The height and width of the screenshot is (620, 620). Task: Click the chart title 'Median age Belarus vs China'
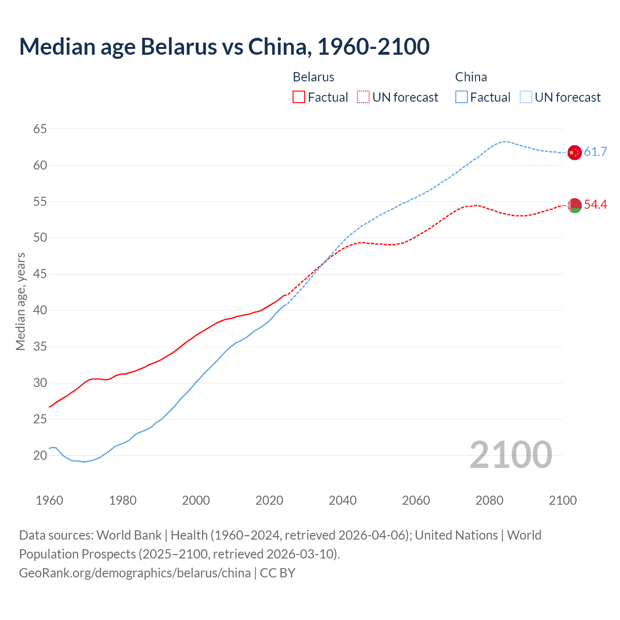click(x=224, y=47)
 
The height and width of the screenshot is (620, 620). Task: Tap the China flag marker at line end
click(x=574, y=152)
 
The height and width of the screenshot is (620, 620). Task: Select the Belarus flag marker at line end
click(x=574, y=205)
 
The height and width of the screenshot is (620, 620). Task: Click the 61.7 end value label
click(x=595, y=152)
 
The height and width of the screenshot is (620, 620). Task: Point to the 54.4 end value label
click(x=595, y=205)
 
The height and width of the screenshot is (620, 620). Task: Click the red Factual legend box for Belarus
click(x=299, y=97)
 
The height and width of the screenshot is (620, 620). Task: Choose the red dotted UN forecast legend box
click(x=363, y=97)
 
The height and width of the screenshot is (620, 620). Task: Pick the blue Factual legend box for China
click(x=462, y=97)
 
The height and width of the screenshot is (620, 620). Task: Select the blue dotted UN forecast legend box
click(x=526, y=97)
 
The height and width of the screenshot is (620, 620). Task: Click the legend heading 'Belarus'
click(x=313, y=77)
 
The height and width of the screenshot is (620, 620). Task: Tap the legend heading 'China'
click(x=471, y=77)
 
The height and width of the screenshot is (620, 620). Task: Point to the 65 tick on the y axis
click(x=40, y=129)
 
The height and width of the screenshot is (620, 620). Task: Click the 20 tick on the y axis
click(x=40, y=455)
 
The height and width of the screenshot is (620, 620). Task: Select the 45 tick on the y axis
click(x=40, y=274)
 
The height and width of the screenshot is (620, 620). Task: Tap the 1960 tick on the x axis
click(x=49, y=500)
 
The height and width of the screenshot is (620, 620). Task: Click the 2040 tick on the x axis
click(x=342, y=500)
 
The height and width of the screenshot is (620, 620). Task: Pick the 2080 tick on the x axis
click(x=489, y=500)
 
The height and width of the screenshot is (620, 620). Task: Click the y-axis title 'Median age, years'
click(x=20, y=301)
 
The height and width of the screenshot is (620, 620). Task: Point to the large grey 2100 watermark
click(x=511, y=455)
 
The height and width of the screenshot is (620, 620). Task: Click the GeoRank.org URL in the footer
click(x=135, y=573)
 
